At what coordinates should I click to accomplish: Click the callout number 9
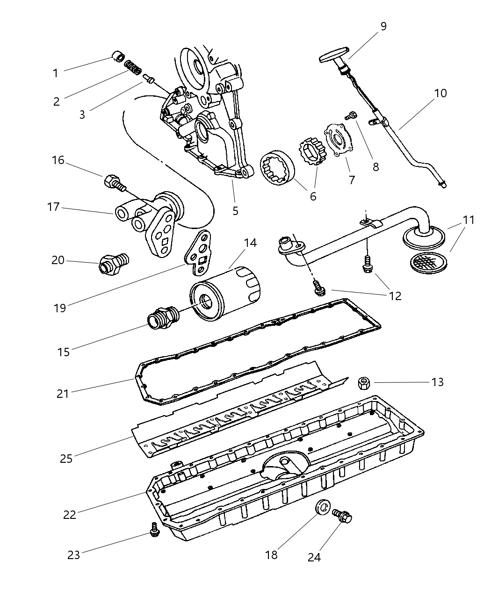coord(383,26)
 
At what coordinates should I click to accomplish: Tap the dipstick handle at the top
coord(334,55)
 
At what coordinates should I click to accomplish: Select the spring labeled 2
coord(132,68)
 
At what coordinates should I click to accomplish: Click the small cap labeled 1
coord(118,58)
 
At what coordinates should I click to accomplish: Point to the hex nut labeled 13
coord(363,383)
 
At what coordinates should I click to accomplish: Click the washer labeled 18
coord(323,507)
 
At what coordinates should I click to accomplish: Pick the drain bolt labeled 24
coord(343,517)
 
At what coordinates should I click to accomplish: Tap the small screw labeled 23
coord(154,530)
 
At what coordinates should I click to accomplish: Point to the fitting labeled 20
coord(112,264)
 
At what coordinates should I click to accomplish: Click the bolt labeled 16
coord(114,182)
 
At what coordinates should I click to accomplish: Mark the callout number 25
coord(66,458)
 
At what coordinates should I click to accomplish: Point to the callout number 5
coord(235,211)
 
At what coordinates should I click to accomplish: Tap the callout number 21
coord(63,394)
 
